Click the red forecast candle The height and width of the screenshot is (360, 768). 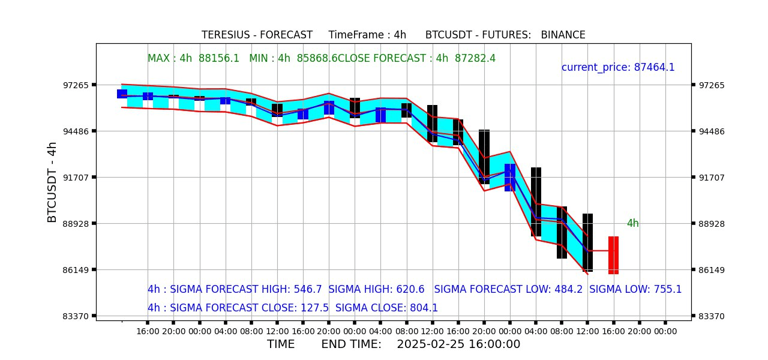(x=613, y=255)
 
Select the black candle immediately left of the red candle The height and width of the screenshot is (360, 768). (x=587, y=242)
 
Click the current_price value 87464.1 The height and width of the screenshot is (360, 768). (x=654, y=67)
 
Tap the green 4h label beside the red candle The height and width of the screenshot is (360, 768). (x=632, y=223)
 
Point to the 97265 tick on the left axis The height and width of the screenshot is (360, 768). (x=76, y=85)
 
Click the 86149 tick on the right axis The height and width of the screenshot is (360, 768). (x=712, y=270)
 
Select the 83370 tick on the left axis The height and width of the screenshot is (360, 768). (x=76, y=316)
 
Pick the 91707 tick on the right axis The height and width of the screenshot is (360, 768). (x=712, y=178)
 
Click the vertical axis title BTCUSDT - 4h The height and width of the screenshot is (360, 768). (x=52, y=182)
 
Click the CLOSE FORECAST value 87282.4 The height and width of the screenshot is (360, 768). (x=475, y=58)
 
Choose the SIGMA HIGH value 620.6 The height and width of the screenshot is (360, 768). (x=410, y=289)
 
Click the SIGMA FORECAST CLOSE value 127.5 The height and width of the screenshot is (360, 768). (x=314, y=308)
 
